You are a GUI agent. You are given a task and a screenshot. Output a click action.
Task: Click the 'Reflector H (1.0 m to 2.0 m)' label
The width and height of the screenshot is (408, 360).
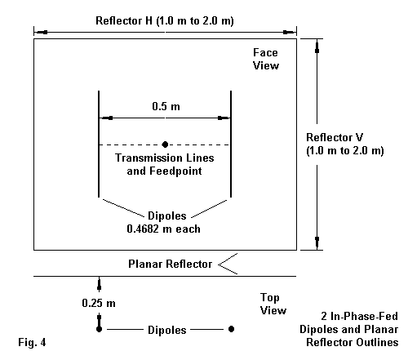(165, 21)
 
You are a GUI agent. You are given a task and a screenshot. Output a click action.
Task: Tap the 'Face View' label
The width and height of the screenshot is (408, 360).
(266, 59)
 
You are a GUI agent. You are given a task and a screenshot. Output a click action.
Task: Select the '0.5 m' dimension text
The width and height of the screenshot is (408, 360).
(166, 106)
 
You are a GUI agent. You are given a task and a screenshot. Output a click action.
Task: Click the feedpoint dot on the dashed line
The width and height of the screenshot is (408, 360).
(165, 144)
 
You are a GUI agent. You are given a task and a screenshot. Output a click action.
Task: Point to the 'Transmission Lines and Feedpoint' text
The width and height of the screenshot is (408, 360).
(165, 164)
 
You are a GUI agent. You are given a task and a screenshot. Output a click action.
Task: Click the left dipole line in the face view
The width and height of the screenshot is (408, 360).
(99, 144)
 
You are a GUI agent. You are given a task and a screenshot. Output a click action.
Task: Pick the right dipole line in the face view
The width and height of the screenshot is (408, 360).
(231, 144)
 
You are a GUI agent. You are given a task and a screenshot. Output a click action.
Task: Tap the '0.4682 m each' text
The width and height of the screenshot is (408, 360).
(163, 229)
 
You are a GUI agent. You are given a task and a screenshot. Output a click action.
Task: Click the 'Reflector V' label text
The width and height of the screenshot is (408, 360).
(335, 137)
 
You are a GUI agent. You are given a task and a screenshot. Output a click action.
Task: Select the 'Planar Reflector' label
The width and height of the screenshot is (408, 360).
(170, 264)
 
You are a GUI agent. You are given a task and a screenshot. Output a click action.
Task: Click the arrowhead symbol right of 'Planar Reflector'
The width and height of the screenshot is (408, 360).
(228, 264)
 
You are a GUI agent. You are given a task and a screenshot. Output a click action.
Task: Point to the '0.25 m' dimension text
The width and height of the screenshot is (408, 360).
(99, 303)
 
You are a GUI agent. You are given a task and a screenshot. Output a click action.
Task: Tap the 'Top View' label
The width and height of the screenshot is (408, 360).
(273, 304)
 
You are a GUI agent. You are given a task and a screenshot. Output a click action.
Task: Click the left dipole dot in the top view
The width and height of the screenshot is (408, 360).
(100, 329)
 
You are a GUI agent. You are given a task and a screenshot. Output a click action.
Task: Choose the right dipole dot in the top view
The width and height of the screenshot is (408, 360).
(231, 329)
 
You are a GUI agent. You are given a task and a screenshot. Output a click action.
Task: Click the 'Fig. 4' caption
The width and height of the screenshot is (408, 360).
(32, 342)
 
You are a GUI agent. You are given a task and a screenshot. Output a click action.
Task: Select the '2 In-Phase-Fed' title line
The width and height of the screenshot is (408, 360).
(359, 316)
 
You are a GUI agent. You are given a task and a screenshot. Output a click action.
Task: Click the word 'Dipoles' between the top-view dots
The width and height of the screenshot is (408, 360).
(167, 330)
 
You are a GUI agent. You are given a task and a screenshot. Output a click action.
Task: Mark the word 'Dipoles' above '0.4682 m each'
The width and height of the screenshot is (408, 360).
(167, 216)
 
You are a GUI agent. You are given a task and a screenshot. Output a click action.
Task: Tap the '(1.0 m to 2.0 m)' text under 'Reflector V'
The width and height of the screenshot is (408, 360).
(345, 150)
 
